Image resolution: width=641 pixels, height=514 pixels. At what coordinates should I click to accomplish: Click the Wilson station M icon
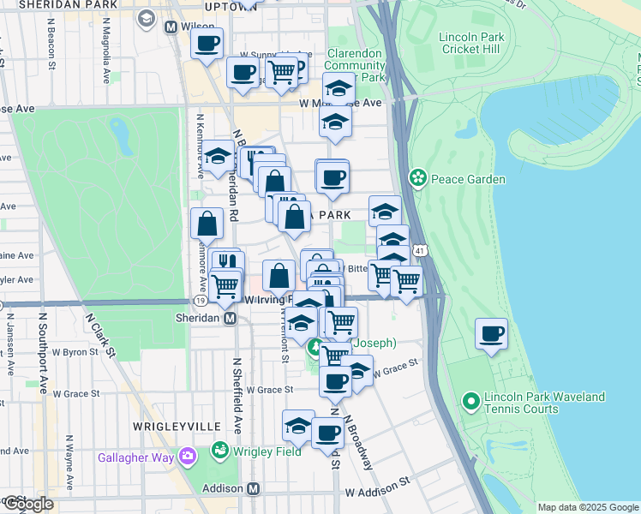click(171, 27)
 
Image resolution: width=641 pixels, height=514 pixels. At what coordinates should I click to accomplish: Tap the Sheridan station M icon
click(230, 318)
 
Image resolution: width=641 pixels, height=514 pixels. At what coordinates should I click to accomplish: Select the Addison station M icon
click(253, 488)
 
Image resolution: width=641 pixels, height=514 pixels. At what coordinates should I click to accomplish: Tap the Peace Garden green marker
click(417, 178)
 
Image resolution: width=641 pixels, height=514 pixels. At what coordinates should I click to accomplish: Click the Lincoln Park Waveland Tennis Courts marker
click(470, 400)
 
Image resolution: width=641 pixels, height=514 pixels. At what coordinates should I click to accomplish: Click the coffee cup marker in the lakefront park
click(491, 334)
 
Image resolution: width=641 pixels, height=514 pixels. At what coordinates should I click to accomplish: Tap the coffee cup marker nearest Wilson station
click(206, 44)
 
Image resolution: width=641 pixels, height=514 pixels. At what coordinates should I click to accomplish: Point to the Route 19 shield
click(199, 302)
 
